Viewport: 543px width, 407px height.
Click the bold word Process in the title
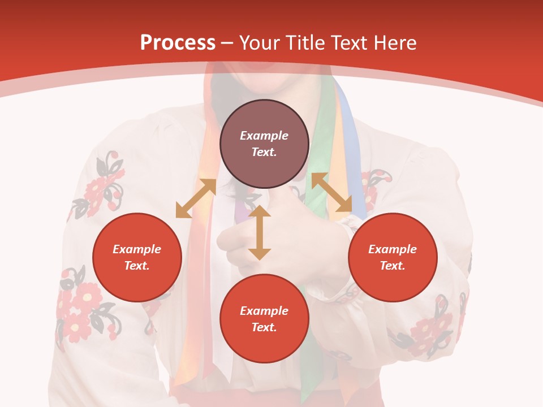coord(178,43)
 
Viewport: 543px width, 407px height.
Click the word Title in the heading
coord(304,43)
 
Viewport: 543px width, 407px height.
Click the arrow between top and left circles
coord(196,198)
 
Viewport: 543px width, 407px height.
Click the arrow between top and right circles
coord(332,192)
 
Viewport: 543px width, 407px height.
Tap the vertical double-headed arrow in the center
coord(260,233)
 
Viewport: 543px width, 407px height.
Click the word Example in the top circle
coord(264,136)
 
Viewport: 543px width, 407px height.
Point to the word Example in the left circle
coord(137,249)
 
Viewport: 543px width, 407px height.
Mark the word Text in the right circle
coord(391,266)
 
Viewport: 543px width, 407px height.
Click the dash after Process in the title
coord(227,43)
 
